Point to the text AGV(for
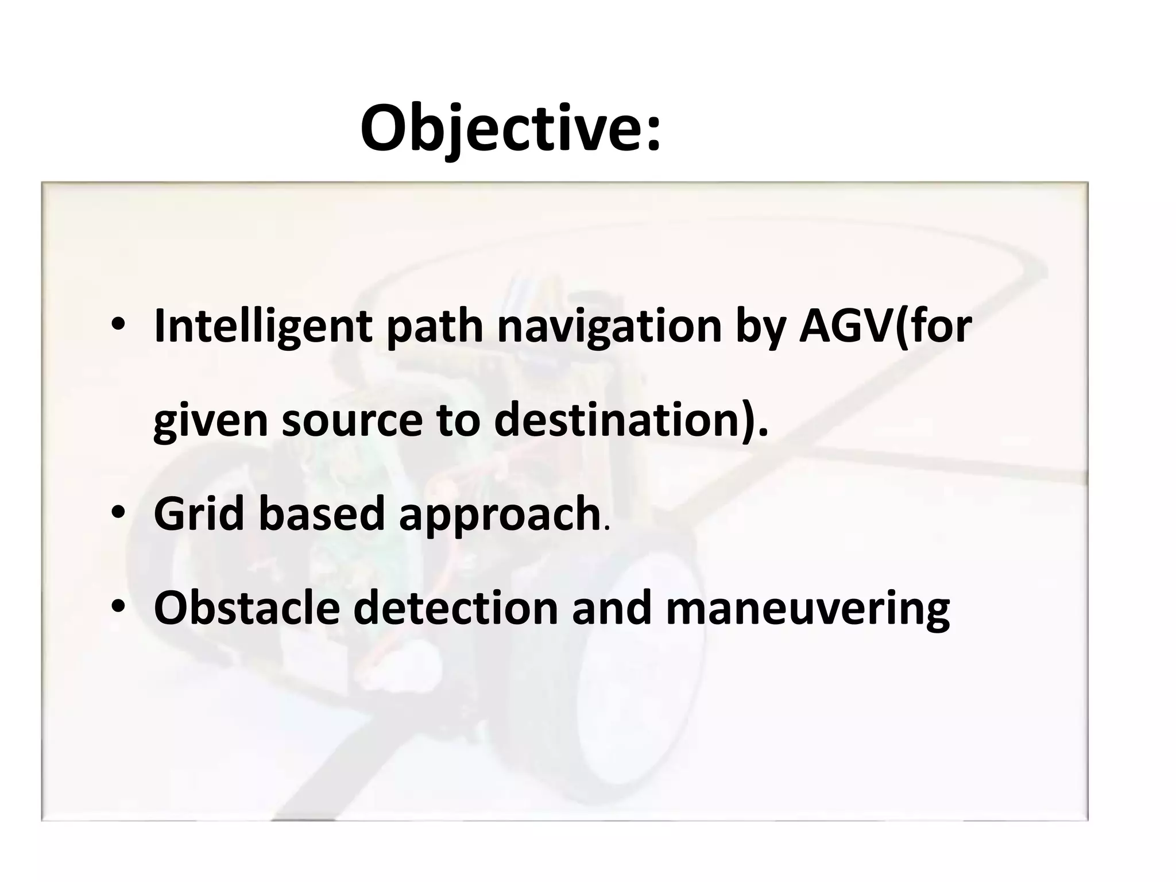click(x=885, y=326)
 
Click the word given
click(x=211, y=420)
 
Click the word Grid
click(x=199, y=513)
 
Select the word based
click(x=321, y=513)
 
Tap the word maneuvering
click(x=807, y=609)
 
